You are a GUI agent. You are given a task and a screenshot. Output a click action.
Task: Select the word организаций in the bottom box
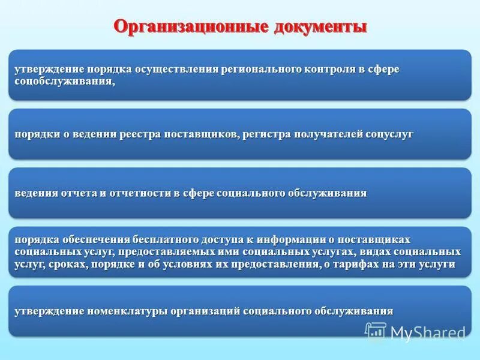point(206,311)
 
